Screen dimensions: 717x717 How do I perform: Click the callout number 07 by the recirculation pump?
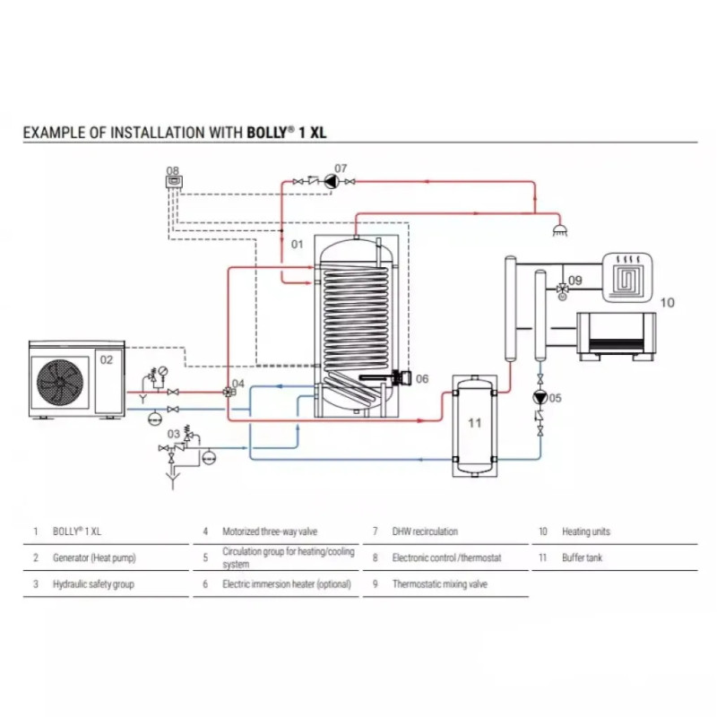341,168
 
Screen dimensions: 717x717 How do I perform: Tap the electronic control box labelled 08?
173,180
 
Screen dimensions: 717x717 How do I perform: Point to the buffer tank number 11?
476,420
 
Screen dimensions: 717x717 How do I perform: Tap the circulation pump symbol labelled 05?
540,398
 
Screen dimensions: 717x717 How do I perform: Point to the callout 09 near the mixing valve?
575,281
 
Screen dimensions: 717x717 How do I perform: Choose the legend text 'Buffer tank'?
583,557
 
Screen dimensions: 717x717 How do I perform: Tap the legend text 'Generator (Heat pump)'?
94,557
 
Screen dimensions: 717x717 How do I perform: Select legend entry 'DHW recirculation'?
425,531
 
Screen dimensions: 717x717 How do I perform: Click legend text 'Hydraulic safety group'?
93,584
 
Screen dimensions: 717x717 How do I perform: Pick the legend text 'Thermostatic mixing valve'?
439,584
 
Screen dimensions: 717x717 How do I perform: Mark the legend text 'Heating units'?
586,531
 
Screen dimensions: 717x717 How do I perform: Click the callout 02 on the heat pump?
106,359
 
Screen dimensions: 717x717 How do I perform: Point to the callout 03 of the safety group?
173,434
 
